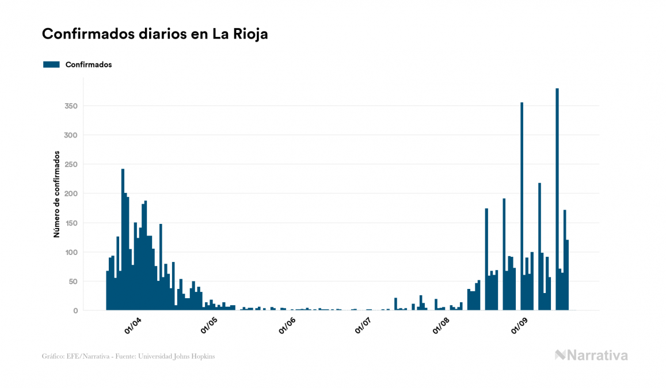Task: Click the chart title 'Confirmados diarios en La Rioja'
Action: click(x=155, y=34)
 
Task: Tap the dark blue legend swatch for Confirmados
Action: click(x=51, y=64)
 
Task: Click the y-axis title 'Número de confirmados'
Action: click(x=57, y=194)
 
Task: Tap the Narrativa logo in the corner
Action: click(x=591, y=355)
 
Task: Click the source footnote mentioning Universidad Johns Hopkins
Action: click(x=128, y=356)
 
